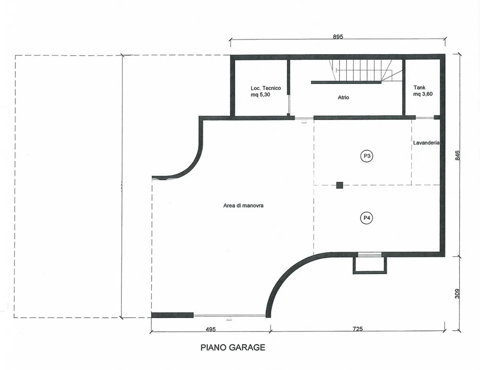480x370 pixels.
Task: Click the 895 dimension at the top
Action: click(x=338, y=37)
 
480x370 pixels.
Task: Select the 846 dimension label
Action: click(x=457, y=155)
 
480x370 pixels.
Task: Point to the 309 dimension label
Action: click(x=457, y=294)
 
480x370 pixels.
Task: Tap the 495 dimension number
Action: click(x=211, y=329)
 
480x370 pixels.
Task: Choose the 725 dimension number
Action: click(x=358, y=329)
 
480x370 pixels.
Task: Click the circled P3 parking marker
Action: click(x=367, y=156)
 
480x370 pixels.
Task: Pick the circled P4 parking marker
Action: click(x=367, y=218)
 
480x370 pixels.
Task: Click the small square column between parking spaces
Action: click(x=340, y=185)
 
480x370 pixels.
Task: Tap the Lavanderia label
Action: click(x=426, y=143)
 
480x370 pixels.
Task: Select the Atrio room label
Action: click(x=343, y=97)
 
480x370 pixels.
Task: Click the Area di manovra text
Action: click(x=243, y=206)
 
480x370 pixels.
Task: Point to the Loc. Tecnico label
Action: click(x=266, y=88)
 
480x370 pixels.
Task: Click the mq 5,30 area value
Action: click(x=260, y=95)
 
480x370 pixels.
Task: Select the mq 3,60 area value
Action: click(x=423, y=94)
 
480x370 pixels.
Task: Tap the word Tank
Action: click(x=419, y=88)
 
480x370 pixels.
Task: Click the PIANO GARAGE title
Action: click(x=233, y=347)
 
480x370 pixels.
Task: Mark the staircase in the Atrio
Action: click(x=366, y=70)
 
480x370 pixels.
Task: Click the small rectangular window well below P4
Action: click(x=370, y=265)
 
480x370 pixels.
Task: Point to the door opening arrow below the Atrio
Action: click(x=304, y=121)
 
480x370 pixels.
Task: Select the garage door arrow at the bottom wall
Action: click(x=229, y=319)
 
